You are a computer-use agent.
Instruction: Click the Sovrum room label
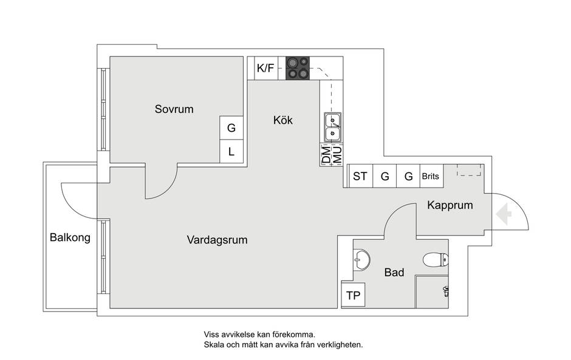174,109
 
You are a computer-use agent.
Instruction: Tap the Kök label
283,120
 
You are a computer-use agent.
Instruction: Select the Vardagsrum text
217,240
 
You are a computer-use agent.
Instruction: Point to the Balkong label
70,237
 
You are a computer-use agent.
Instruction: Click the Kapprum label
450,205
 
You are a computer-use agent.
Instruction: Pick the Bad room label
394,272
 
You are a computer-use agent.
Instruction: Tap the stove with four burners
298,68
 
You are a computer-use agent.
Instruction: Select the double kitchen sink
333,127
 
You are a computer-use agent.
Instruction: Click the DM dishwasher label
326,155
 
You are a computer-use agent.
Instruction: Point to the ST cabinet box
360,176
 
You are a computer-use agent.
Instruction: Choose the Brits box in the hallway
431,176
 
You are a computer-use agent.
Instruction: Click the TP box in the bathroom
353,294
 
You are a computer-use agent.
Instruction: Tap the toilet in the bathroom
436,260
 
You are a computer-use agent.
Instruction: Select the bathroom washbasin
361,260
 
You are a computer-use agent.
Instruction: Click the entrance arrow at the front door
504,214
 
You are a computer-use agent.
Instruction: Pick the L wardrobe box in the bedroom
231,151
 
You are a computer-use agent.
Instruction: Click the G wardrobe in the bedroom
231,127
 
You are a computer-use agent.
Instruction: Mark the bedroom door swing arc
168,190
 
